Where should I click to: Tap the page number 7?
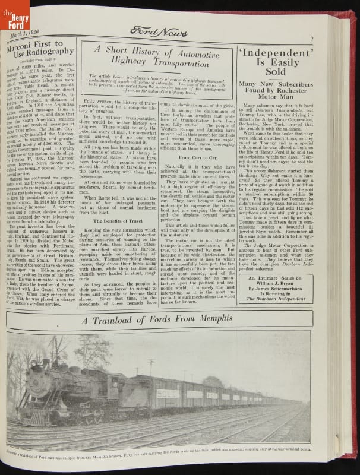311,39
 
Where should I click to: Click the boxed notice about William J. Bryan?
276,288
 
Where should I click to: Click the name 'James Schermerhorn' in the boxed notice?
276,288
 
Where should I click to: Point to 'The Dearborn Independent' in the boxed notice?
276,299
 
